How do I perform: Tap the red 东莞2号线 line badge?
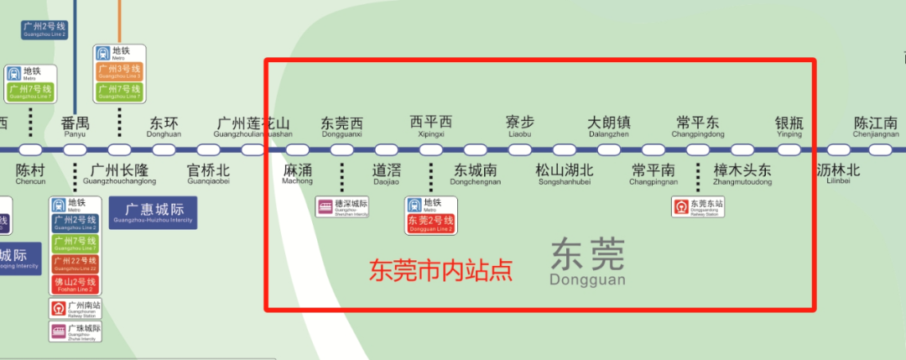coord(430,224)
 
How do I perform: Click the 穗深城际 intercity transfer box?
coord(342,206)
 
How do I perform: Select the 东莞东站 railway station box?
coord(698,206)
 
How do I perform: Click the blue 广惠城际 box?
coord(153,212)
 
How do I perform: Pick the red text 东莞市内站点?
coord(441,269)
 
